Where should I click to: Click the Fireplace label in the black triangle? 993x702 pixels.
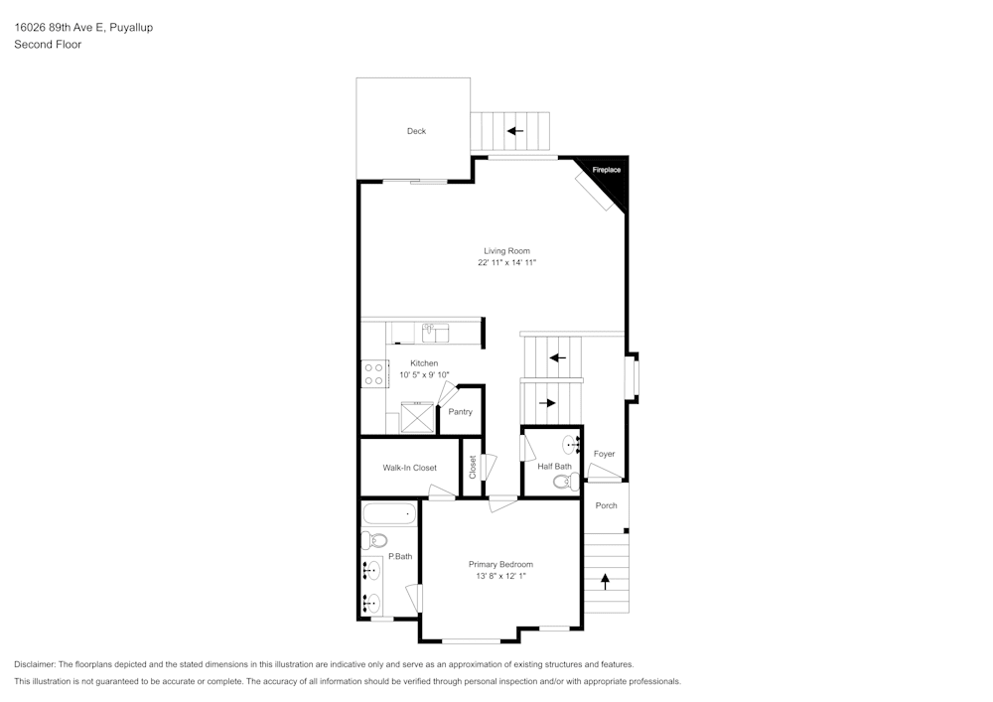point(607,171)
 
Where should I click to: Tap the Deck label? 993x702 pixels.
point(416,131)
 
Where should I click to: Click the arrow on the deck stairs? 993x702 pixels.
point(514,130)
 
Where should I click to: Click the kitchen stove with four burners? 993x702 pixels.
point(374,374)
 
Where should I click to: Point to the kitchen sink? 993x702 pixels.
point(435,332)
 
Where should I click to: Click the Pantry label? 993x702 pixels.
point(460,412)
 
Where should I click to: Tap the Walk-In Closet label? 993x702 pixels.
point(410,468)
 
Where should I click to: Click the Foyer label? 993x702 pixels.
point(604,454)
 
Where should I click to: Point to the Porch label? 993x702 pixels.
point(606,505)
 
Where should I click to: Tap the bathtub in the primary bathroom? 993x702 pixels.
point(389,514)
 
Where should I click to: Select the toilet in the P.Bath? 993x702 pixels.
point(372,541)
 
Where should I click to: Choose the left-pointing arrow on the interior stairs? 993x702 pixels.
point(557,357)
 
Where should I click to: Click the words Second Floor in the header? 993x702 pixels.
point(48,45)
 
